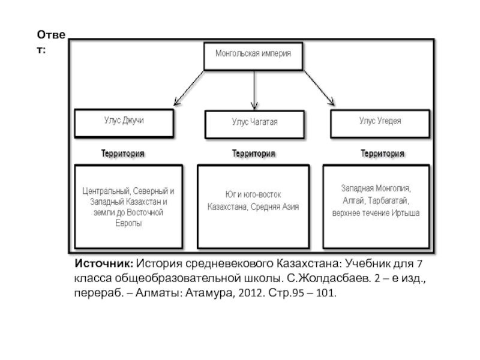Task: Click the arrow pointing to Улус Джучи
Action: pyautogui.click(x=189, y=88)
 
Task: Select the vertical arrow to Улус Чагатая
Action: pyautogui.click(x=254, y=91)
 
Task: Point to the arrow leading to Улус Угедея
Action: pyautogui.click(x=319, y=88)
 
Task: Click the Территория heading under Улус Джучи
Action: pyautogui.click(x=123, y=153)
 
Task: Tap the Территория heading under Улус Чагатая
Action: pyautogui.click(x=253, y=153)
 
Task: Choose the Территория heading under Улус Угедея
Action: pyautogui.click(x=382, y=153)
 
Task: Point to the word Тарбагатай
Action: pyautogui.click(x=388, y=200)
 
